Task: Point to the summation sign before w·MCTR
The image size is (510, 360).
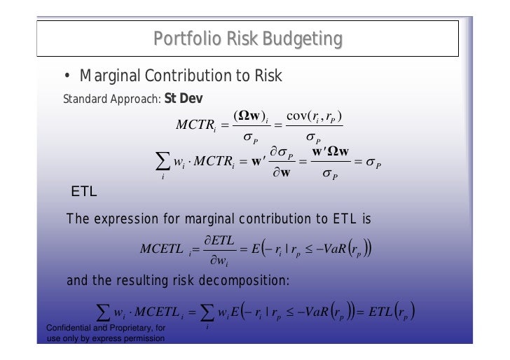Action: (163, 166)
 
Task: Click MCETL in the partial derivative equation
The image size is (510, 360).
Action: (162, 249)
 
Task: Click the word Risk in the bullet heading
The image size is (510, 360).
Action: (264, 76)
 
